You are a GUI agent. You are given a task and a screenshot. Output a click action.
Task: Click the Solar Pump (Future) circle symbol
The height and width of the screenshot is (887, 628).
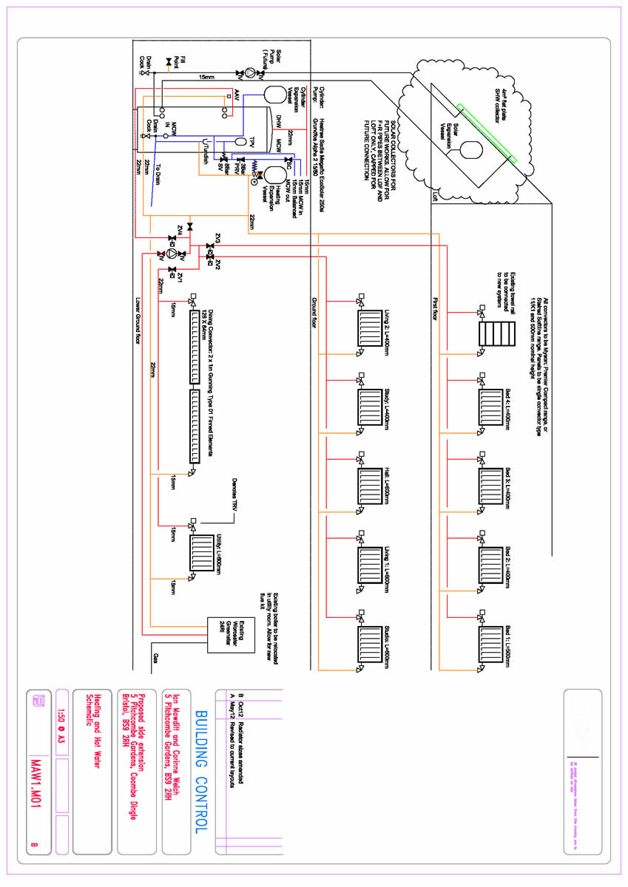251,73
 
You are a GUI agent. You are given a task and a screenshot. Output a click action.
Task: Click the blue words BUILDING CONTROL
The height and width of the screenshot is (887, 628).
202,772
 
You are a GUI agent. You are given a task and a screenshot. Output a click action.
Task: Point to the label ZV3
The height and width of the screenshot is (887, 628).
218,237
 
